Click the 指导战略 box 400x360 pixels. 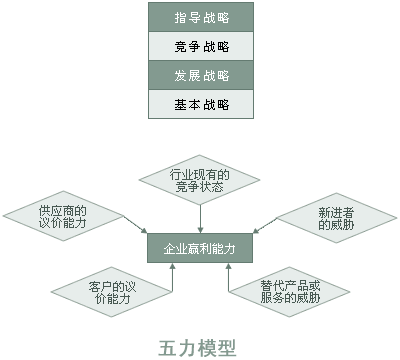click(x=201, y=17)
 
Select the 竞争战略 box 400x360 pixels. click(x=201, y=46)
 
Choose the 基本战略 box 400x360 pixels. click(x=201, y=104)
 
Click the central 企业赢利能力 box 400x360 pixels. click(x=201, y=246)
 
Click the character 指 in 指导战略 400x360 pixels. click(x=180, y=17)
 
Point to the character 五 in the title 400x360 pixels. click(x=168, y=347)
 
